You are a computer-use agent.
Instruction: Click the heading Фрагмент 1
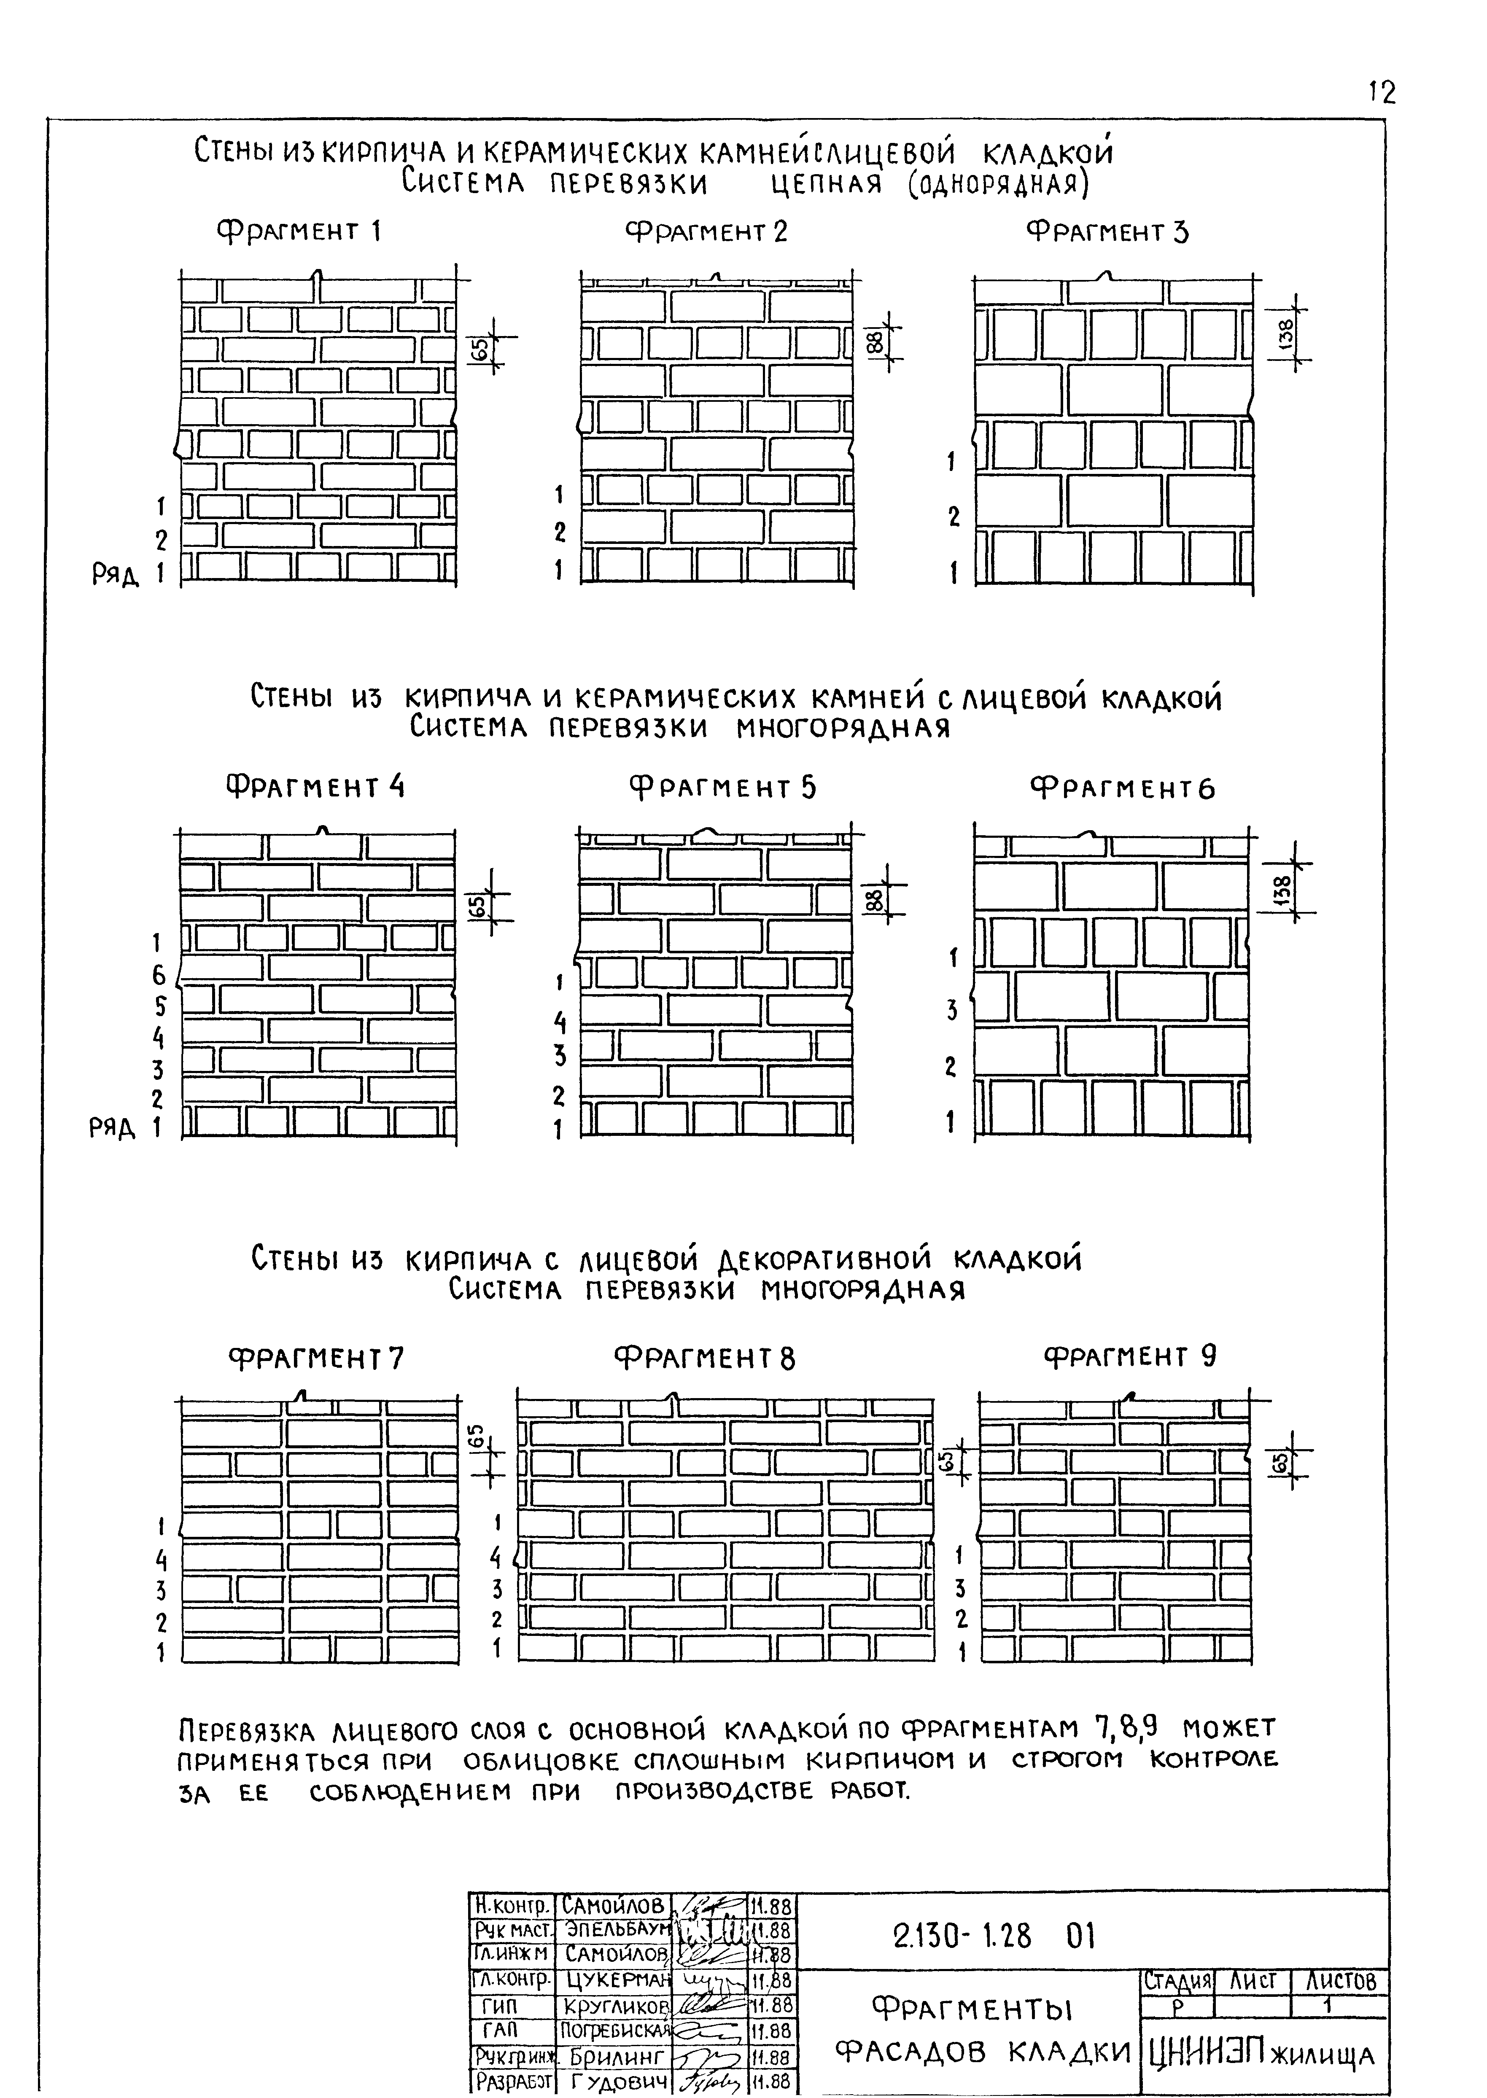(x=299, y=231)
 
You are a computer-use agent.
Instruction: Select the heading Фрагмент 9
(x=1130, y=1356)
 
